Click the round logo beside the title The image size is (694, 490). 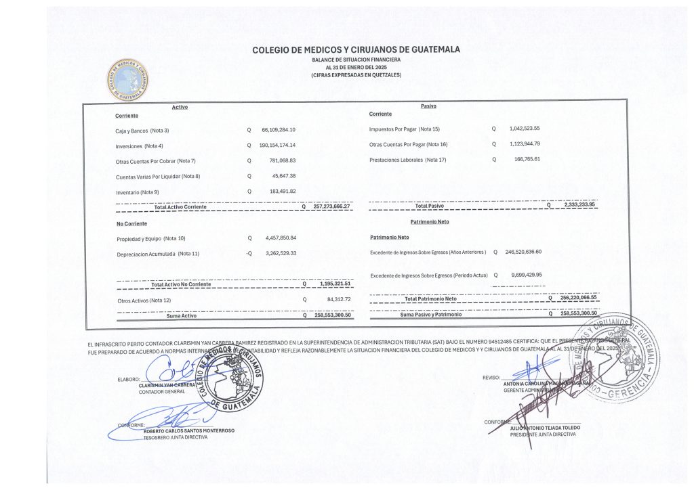tap(129, 81)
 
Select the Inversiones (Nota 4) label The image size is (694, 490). tap(139, 146)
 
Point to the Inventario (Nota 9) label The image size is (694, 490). tap(138, 192)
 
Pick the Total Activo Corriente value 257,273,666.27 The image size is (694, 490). tap(332, 206)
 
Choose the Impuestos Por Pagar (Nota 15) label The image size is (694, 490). tap(405, 129)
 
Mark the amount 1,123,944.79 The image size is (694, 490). tap(525, 143)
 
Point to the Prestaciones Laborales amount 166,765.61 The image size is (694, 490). tap(527, 159)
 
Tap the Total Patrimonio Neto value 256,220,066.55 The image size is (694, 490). tap(579, 298)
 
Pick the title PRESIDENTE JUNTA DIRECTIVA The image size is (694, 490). tap(543, 435)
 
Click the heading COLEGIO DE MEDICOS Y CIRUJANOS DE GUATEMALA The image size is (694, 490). tap(356, 49)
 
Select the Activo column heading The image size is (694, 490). tap(180, 107)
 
